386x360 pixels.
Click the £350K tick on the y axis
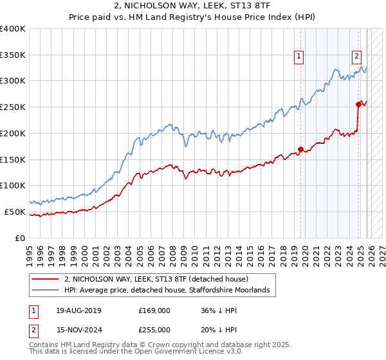(13, 55)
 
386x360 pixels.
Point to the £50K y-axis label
(15, 212)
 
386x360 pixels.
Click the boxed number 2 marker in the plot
(356, 56)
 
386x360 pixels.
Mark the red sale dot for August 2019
(300, 150)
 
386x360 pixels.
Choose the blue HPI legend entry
(170, 291)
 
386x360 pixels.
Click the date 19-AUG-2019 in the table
(78, 310)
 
